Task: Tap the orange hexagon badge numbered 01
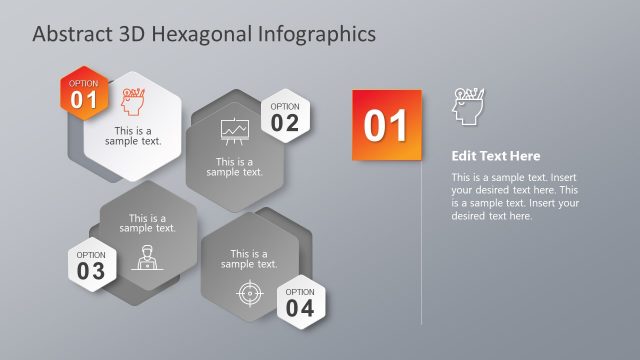tap(84, 93)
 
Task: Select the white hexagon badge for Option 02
tap(285, 117)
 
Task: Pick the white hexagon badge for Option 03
tap(91, 265)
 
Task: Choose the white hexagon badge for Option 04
tap(300, 301)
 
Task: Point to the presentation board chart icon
tap(234, 132)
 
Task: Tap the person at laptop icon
tap(147, 258)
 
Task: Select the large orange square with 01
tap(387, 124)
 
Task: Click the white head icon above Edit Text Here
tap(467, 106)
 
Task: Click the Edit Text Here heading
tap(495, 156)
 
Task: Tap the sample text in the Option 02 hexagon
tap(234, 167)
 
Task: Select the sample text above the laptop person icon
tap(147, 223)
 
